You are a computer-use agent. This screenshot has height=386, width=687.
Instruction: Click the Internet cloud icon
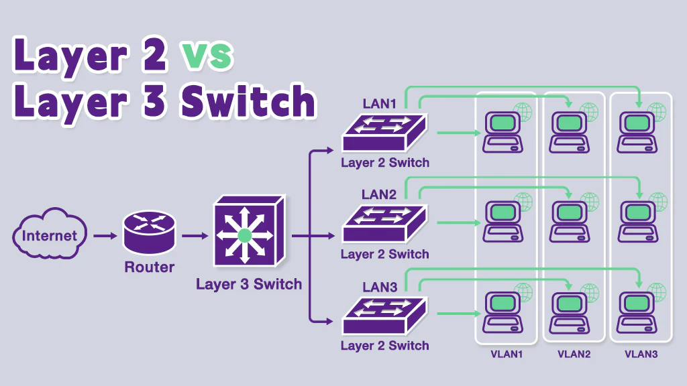coord(49,236)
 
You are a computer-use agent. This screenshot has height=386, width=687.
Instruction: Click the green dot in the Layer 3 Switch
coord(244,235)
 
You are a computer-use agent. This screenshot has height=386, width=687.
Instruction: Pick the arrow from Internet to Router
coord(104,236)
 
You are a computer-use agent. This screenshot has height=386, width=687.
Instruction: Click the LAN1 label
coord(380,104)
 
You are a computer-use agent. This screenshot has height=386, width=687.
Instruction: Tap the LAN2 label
coord(380,195)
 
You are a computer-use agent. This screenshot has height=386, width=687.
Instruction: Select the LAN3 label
coord(380,287)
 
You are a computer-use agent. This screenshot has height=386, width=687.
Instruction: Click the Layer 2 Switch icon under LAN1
coord(384,133)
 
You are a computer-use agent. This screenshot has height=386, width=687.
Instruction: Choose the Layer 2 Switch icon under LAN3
coord(384,316)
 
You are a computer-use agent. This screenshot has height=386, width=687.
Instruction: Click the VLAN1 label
coord(506,354)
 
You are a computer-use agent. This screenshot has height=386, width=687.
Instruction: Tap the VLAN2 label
coord(574,354)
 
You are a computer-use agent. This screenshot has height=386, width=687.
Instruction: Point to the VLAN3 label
coord(641,354)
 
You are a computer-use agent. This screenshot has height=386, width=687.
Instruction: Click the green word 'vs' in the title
coord(207,55)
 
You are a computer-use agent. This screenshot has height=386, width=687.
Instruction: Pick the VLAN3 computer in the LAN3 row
coord(637,313)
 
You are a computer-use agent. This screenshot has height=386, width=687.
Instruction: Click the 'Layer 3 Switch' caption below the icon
coord(249,284)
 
